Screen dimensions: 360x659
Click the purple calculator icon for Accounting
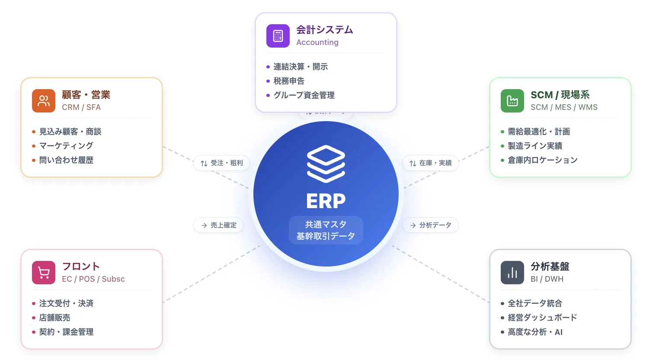(x=278, y=36)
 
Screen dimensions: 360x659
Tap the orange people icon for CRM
(x=44, y=101)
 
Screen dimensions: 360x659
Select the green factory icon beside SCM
(x=512, y=101)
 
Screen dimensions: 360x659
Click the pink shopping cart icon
(x=44, y=273)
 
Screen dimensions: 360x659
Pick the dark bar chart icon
(x=512, y=273)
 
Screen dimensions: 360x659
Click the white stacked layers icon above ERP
(x=326, y=164)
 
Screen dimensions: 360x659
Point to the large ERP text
(x=326, y=201)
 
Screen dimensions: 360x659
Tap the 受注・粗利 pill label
(x=222, y=163)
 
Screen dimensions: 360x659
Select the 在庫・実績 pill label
(x=430, y=163)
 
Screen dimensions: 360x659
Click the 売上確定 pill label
(x=218, y=225)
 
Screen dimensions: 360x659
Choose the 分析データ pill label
(x=430, y=225)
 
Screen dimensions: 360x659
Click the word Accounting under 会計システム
(x=317, y=42)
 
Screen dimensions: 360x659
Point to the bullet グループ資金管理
(x=304, y=95)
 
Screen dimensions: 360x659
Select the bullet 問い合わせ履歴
(x=66, y=160)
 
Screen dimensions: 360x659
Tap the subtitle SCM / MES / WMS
(x=564, y=107)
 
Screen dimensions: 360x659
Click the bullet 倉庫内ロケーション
(x=542, y=160)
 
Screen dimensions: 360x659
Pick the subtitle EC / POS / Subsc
(x=93, y=279)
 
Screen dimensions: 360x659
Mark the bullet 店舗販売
(x=54, y=318)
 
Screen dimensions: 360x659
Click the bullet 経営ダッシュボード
(x=542, y=318)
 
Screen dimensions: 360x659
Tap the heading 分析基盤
(x=550, y=267)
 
